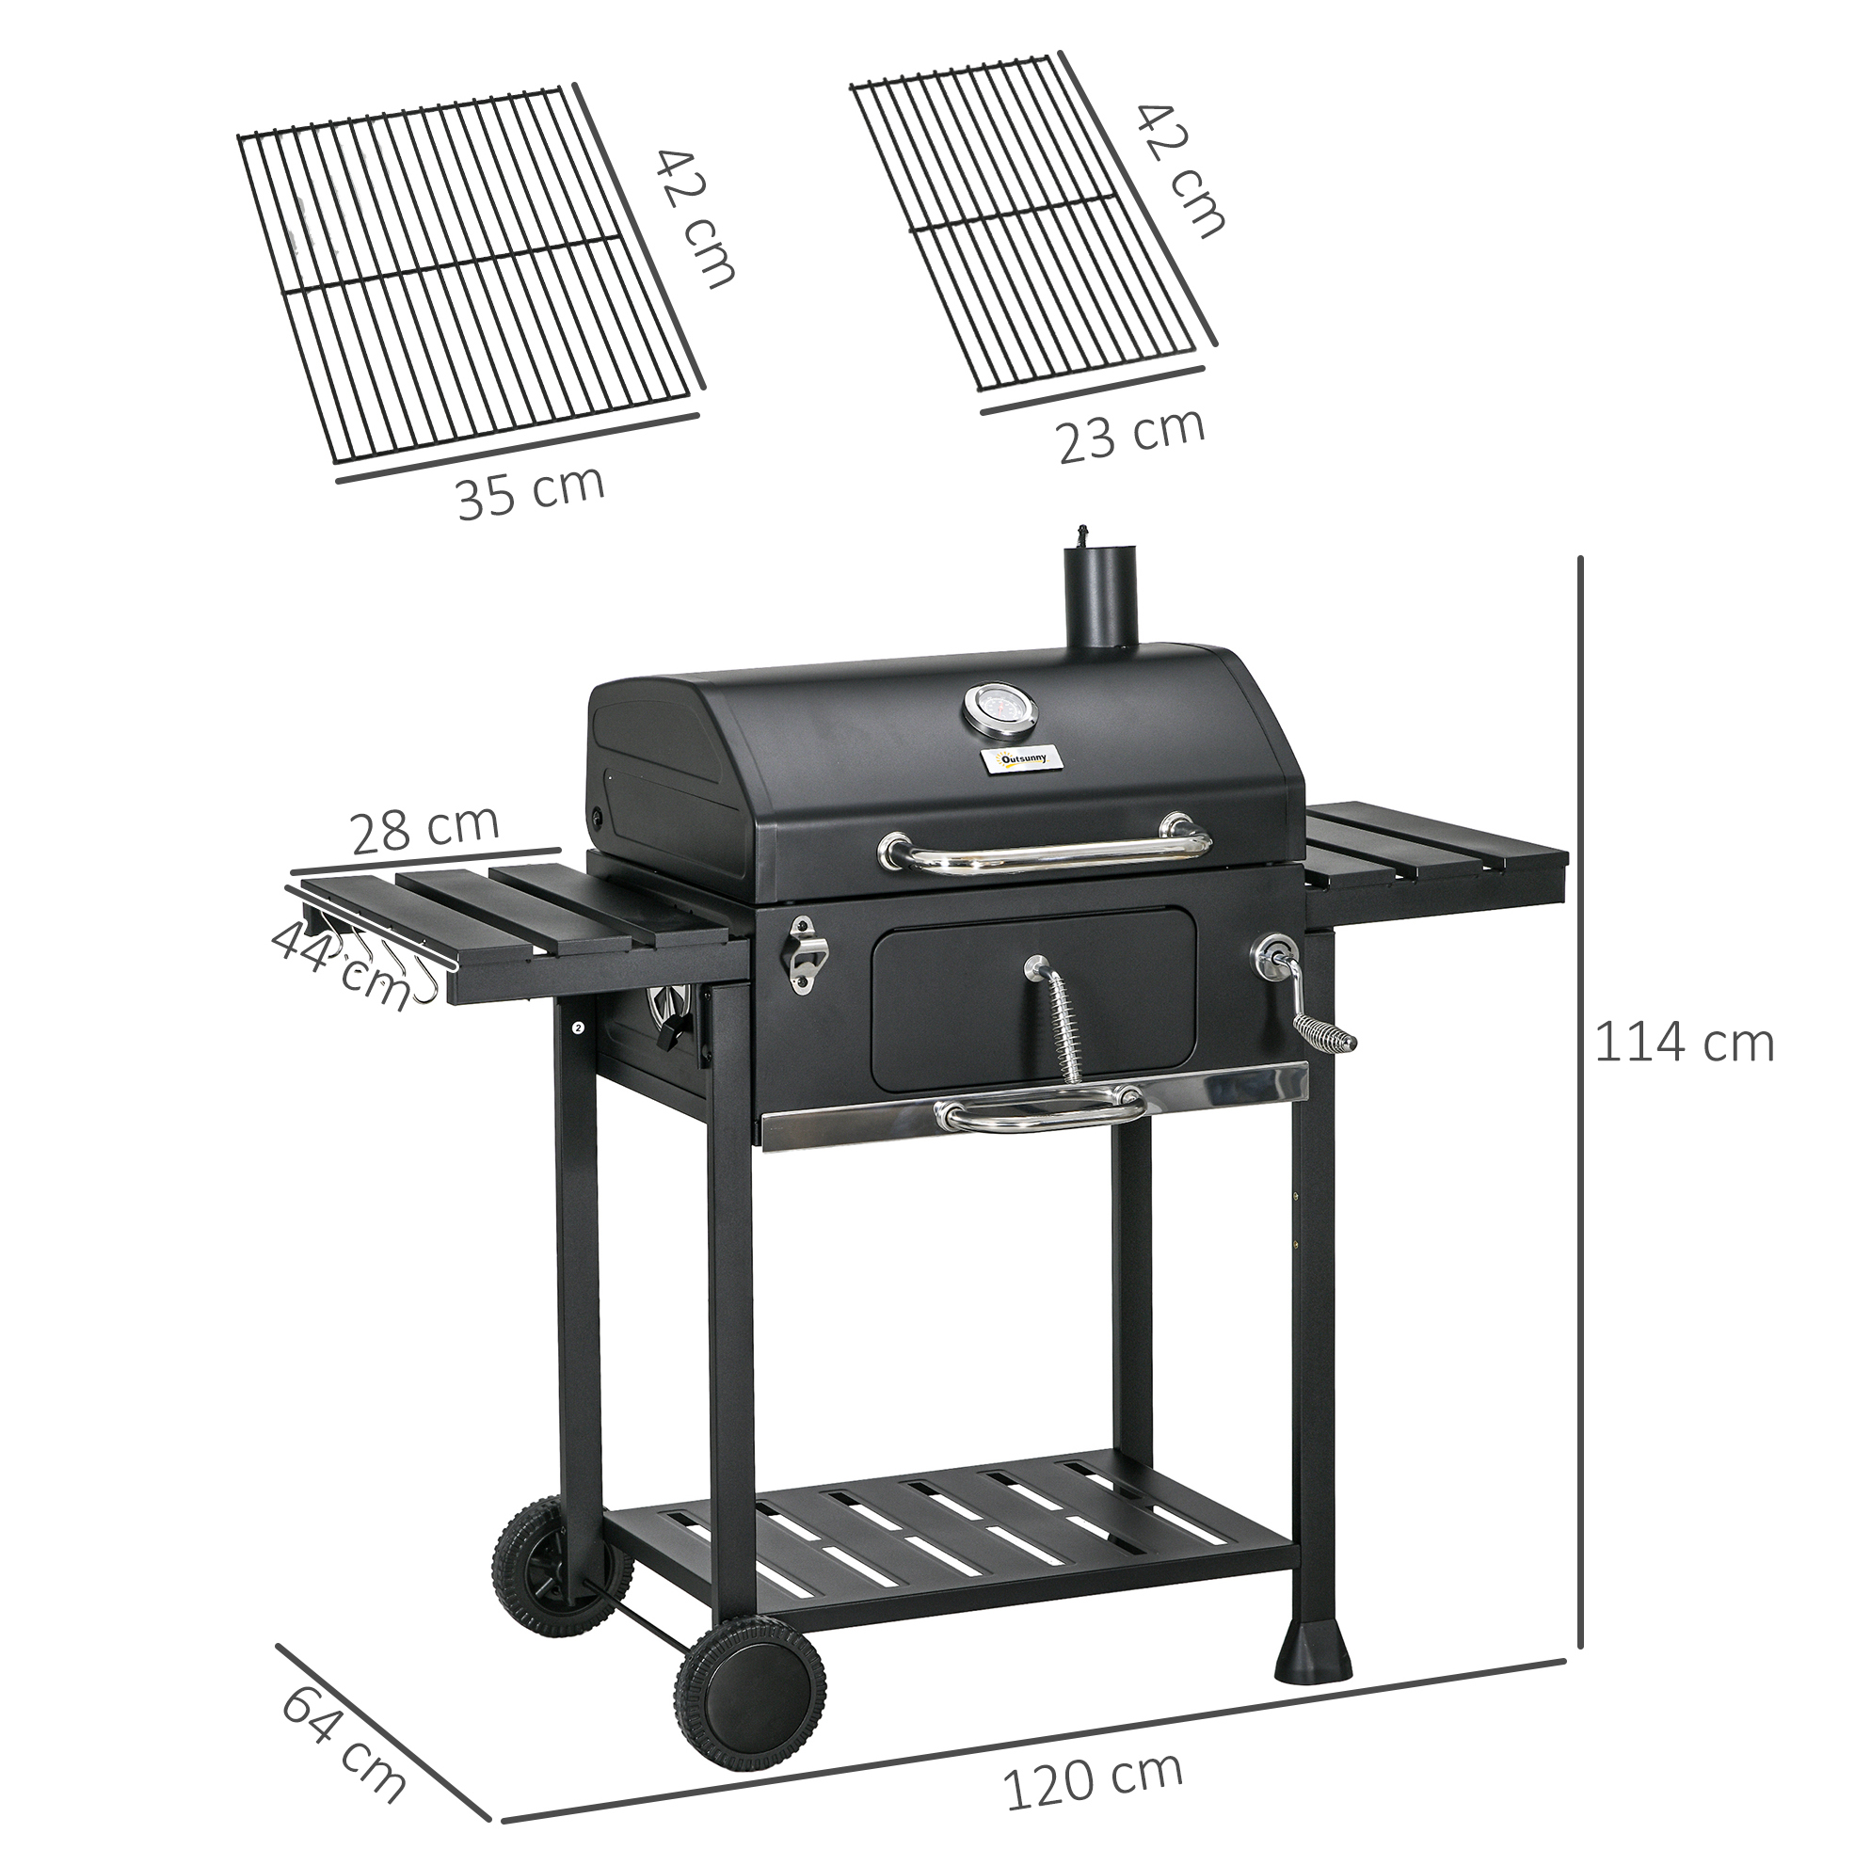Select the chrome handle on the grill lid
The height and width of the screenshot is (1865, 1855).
1045,844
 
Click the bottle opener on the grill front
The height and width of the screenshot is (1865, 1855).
804,955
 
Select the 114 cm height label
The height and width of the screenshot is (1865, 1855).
1683,1044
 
